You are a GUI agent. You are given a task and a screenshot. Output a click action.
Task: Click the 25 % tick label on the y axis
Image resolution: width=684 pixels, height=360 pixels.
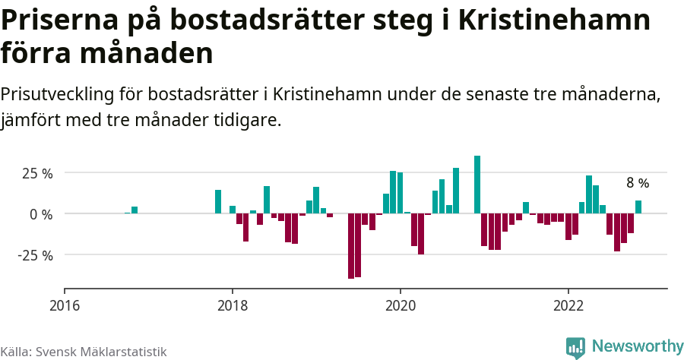pyautogui.click(x=37, y=174)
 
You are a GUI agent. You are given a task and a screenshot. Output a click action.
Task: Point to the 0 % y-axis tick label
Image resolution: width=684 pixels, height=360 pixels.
pyautogui.click(x=42, y=214)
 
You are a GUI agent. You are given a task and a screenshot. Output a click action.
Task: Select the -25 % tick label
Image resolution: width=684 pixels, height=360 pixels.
pyautogui.click(x=36, y=255)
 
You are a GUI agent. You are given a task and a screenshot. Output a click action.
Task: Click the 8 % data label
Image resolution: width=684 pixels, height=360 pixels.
pyautogui.click(x=638, y=183)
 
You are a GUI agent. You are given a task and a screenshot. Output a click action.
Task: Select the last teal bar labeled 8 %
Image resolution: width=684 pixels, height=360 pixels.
pyautogui.click(x=638, y=207)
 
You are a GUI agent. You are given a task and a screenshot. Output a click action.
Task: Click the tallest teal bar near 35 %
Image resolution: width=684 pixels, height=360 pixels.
pyautogui.click(x=477, y=185)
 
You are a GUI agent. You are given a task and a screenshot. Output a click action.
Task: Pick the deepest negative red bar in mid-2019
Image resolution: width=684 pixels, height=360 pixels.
pyautogui.click(x=351, y=246)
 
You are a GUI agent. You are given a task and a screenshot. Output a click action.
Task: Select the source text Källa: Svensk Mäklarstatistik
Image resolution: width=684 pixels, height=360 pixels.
pyautogui.click(x=84, y=352)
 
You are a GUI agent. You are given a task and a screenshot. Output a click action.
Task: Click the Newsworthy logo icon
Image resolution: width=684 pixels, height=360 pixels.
pyautogui.click(x=575, y=347)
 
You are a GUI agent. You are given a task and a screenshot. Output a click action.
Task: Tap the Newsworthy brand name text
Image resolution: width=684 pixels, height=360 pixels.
pyautogui.click(x=638, y=346)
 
